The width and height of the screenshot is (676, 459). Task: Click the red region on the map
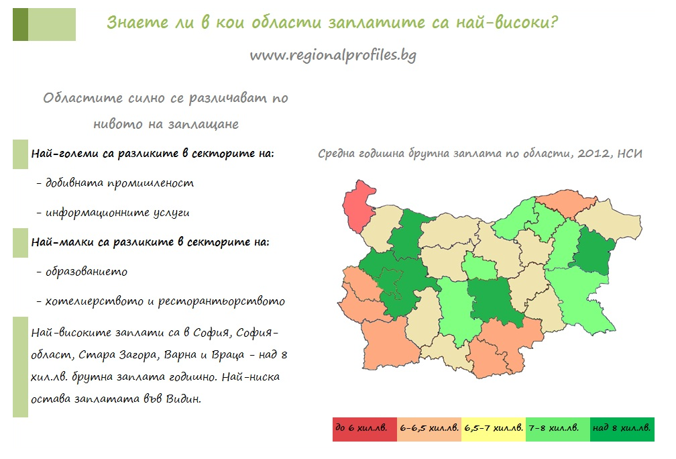(358, 205)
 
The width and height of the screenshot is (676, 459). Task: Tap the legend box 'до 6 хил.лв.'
(364, 429)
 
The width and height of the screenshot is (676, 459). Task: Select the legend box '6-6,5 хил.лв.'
(429, 429)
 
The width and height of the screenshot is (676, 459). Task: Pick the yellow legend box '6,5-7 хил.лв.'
(494, 429)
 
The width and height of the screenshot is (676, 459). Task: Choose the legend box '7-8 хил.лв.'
(558, 429)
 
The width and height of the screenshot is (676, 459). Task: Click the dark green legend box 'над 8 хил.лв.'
(622, 429)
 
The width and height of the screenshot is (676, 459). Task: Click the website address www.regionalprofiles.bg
(333, 55)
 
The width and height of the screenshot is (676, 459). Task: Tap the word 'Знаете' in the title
(137, 22)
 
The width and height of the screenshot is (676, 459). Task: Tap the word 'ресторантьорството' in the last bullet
(221, 301)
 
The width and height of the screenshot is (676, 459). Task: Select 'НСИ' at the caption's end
(630, 154)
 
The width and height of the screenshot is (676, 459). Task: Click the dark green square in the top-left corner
(20, 25)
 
